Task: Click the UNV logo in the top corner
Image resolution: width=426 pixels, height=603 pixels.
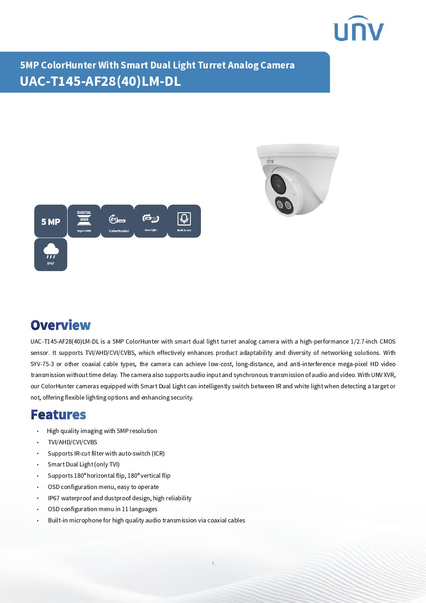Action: coord(358,29)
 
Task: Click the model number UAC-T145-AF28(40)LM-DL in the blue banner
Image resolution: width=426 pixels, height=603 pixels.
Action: coord(100,81)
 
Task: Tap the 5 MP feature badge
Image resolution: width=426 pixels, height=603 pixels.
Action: coord(51,221)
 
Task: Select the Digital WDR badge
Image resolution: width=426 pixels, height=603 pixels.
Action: coord(84,221)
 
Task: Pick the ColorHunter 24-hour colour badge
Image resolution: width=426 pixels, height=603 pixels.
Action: coord(117,221)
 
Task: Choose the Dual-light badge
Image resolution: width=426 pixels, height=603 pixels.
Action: coord(151,221)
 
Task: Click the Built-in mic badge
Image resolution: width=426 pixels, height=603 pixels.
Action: coord(184,221)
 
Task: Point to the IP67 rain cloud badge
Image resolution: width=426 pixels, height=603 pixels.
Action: coord(51,255)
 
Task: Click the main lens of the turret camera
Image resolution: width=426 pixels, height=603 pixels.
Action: coord(278,184)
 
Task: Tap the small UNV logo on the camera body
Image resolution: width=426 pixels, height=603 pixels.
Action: coord(269,161)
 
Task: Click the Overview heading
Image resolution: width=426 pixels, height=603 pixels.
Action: coord(61,325)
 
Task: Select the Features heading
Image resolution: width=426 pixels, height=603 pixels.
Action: coord(58,414)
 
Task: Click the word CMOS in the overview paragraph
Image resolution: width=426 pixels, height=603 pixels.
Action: coord(387,342)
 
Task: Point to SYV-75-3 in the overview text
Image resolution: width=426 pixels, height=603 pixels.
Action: coord(42,364)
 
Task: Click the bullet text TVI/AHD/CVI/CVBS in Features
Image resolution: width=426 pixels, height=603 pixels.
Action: coord(72,442)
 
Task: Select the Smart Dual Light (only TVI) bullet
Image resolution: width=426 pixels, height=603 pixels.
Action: coord(83,464)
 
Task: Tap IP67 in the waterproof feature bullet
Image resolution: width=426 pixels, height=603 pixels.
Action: coord(54,498)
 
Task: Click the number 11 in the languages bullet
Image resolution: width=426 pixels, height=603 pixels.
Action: coord(125,509)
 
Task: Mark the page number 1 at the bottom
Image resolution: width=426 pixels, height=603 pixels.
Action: coord(213,564)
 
